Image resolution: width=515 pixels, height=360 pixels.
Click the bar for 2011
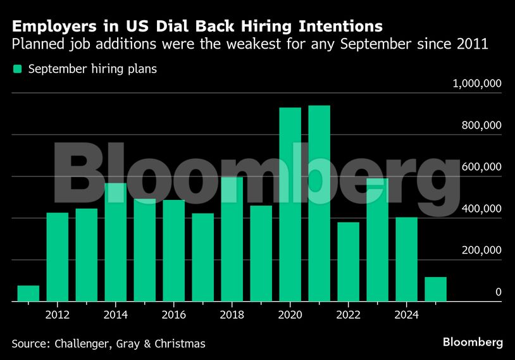pos(28,294)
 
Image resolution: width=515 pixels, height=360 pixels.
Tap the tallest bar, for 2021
pos(320,203)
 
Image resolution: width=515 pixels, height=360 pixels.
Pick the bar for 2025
pos(436,289)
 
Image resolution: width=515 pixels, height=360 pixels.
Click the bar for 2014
pos(116,242)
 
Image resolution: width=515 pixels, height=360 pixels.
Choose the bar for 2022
pos(349,262)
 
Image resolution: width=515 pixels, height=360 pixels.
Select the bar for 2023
pos(378,240)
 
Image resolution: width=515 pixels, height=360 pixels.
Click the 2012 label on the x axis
pos(58,315)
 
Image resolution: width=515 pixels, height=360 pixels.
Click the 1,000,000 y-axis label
pos(476,84)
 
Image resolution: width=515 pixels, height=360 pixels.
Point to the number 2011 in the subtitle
pos(474,45)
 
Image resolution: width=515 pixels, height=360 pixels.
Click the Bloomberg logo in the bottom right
pos(473,342)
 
